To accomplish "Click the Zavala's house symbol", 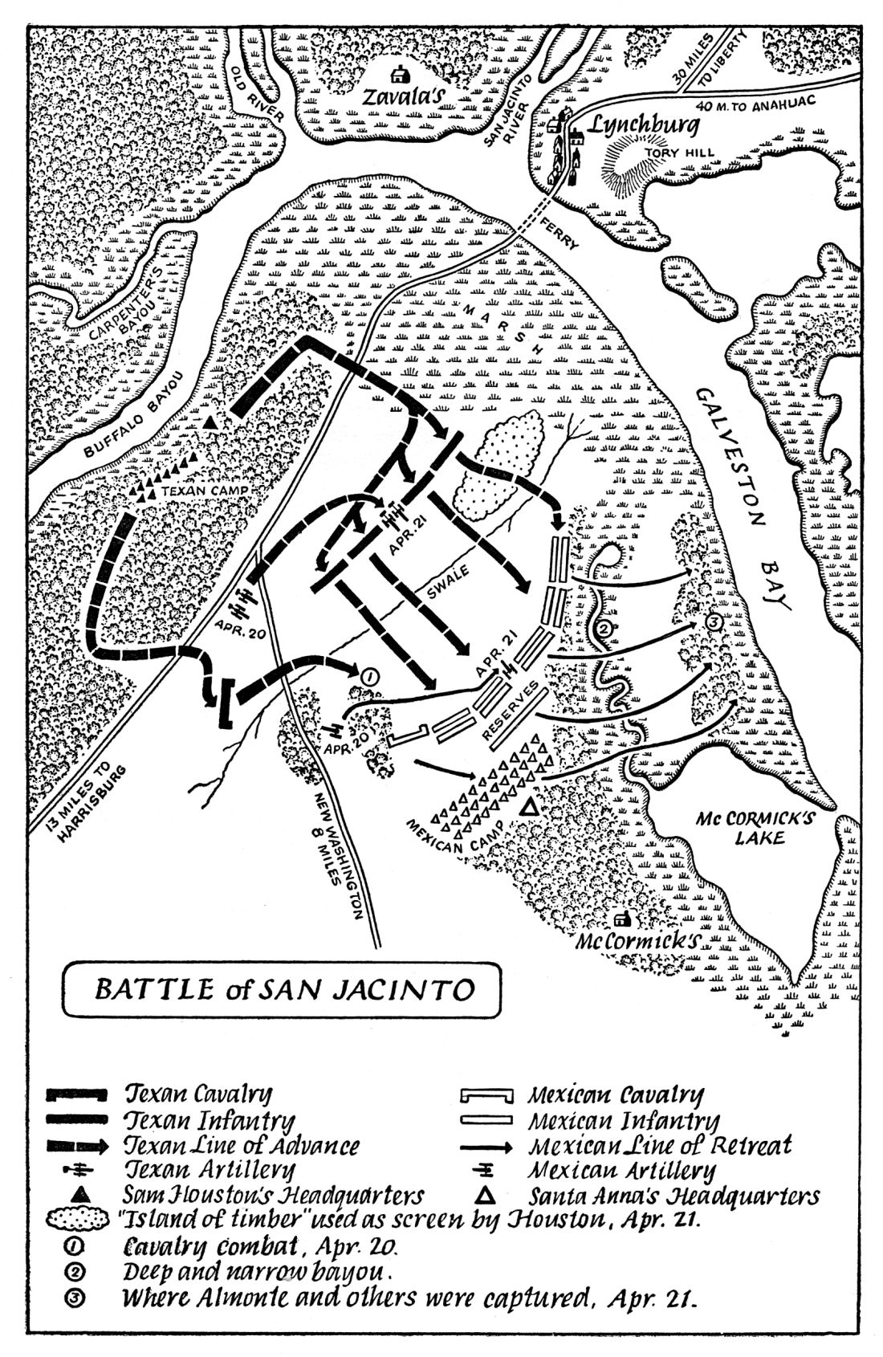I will (397, 75).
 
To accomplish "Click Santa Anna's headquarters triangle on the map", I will (529, 808).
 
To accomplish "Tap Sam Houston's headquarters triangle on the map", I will (210, 422).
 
